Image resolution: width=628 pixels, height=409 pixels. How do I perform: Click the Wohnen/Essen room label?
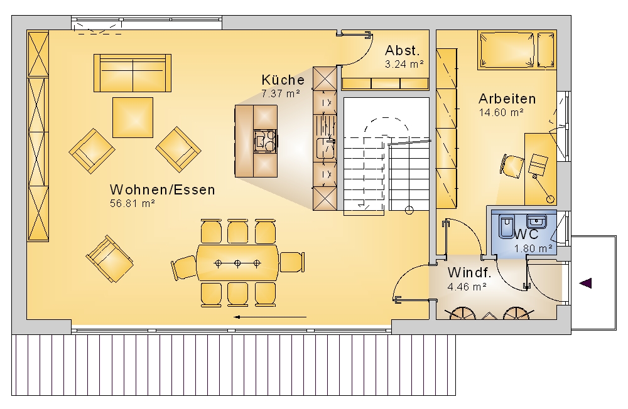tap(162, 189)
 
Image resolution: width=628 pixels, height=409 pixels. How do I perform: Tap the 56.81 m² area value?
tap(132, 203)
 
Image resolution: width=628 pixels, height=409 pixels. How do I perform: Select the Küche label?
tap(283, 80)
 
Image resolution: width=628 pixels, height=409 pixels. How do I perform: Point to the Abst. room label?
tap(402, 50)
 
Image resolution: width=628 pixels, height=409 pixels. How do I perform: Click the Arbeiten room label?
tap(507, 98)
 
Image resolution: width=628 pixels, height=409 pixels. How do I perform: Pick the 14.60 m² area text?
tap(501, 112)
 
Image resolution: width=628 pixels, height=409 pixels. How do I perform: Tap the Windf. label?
tap(469, 272)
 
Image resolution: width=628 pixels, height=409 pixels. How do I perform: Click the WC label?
tap(526, 234)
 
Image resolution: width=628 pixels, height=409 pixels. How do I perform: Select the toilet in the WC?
tap(507, 226)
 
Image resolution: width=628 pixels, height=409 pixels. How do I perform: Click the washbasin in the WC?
tap(536, 221)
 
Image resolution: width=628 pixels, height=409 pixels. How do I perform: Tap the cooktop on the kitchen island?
tap(265, 141)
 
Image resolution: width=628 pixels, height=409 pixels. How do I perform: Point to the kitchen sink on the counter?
tap(325, 147)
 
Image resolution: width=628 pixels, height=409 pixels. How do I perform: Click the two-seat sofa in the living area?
tap(133, 73)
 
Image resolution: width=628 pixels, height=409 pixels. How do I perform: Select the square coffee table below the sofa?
tap(133, 117)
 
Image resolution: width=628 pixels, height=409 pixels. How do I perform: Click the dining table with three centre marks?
tap(237, 263)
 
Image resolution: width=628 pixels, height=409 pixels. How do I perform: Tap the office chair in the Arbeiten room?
tap(512, 165)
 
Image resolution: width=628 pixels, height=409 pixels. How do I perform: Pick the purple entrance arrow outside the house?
tap(585, 284)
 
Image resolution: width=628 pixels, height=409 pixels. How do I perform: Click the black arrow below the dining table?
tap(270, 317)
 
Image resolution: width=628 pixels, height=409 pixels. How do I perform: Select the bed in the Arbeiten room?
tap(517, 50)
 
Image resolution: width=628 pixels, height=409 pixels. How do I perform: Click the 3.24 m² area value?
tap(404, 64)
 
